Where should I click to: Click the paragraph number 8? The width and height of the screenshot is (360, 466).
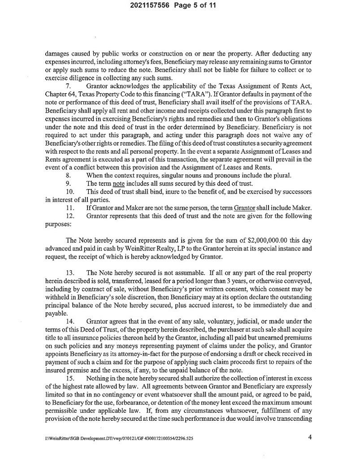(x=68, y=175)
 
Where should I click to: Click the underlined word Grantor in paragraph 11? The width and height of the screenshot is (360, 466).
(x=245, y=208)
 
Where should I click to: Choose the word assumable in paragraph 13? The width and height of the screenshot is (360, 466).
(x=189, y=273)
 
